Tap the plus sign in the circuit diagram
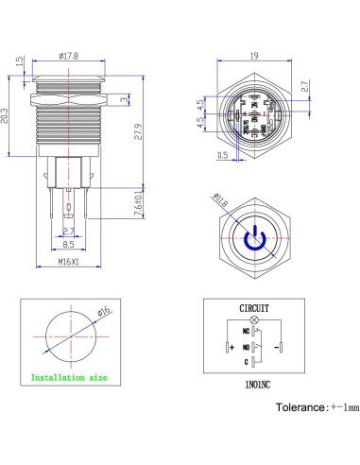click(x=230, y=347)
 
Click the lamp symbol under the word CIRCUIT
click(x=253, y=320)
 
